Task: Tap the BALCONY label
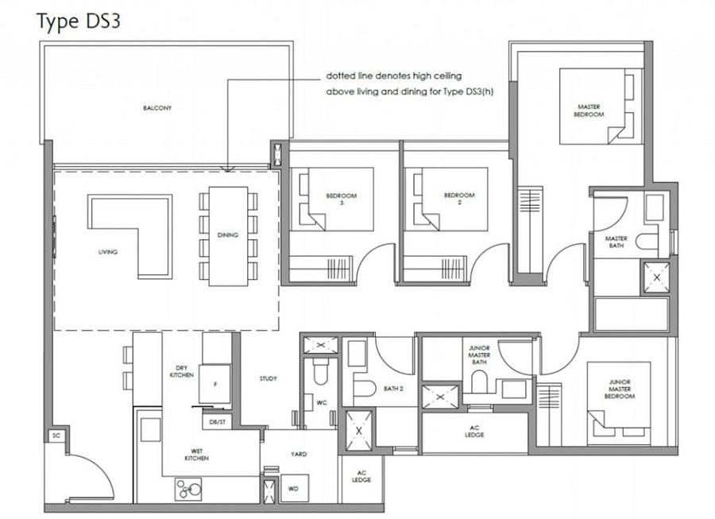[x=157, y=108]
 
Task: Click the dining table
[x=228, y=236]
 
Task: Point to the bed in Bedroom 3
[x=341, y=199]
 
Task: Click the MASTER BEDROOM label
[x=589, y=110]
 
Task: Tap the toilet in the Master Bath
[x=647, y=242]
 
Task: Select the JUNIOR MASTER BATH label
[x=479, y=354]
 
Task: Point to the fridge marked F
[x=214, y=384]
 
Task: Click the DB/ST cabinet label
[x=218, y=422]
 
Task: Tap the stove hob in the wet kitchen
[x=188, y=489]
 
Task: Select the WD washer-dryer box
[x=294, y=489]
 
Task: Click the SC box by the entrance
[x=56, y=436]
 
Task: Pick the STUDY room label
[x=269, y=378]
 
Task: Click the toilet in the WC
[x=321, y=370]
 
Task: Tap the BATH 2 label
[x=393, y=389]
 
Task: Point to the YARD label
[x=299, y=455]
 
